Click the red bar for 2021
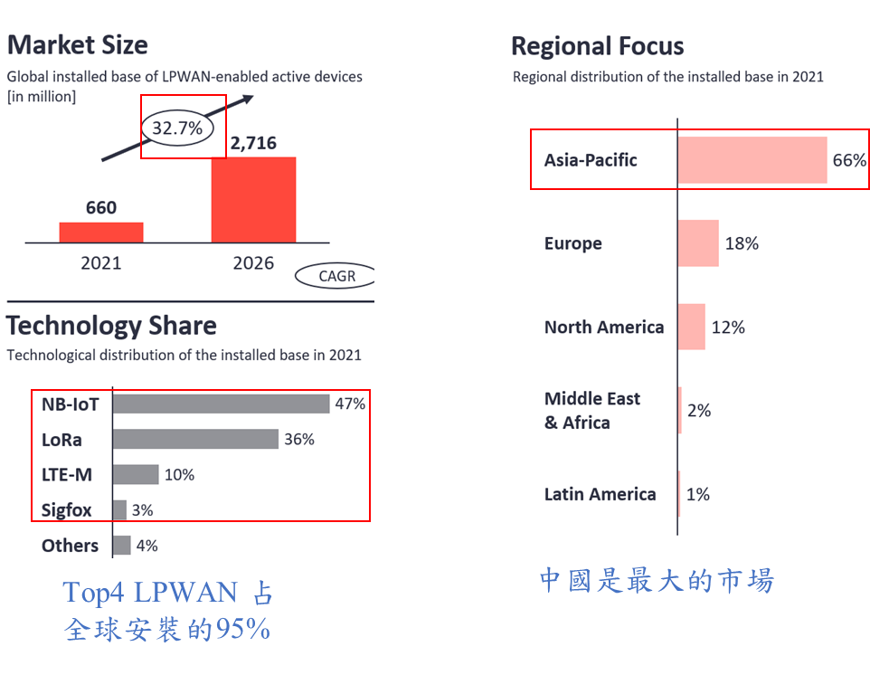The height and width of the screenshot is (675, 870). tap(101, 232)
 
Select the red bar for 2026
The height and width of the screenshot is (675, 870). tap(253, 199)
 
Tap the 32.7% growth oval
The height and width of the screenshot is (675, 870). tap(177, 128)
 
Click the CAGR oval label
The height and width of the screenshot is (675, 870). tap(336, 276)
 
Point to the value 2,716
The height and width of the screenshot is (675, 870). tap(253, 143)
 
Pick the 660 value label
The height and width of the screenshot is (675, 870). tap(101, 207)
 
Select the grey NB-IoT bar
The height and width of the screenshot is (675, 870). tap(221, 404)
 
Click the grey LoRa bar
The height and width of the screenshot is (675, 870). tap(195, 439)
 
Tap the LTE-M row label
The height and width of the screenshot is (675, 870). tap(67, 474)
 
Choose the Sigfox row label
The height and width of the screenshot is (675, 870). tap(67, 509)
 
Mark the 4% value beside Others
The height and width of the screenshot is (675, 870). tap(147, 545)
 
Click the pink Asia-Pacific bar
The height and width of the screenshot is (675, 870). tap(752, 160)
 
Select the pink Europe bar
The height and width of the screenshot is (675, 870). tap(698, 243)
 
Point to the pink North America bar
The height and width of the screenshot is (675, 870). tap(691, 327)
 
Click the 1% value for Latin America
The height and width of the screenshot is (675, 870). tap(697, 494)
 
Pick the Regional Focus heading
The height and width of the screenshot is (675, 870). tap(598, 46)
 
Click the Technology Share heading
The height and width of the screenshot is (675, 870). tap(112, 326)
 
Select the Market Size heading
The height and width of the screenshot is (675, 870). tap(78, 44)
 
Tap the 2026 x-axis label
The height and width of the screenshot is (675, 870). tap(253, 263)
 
